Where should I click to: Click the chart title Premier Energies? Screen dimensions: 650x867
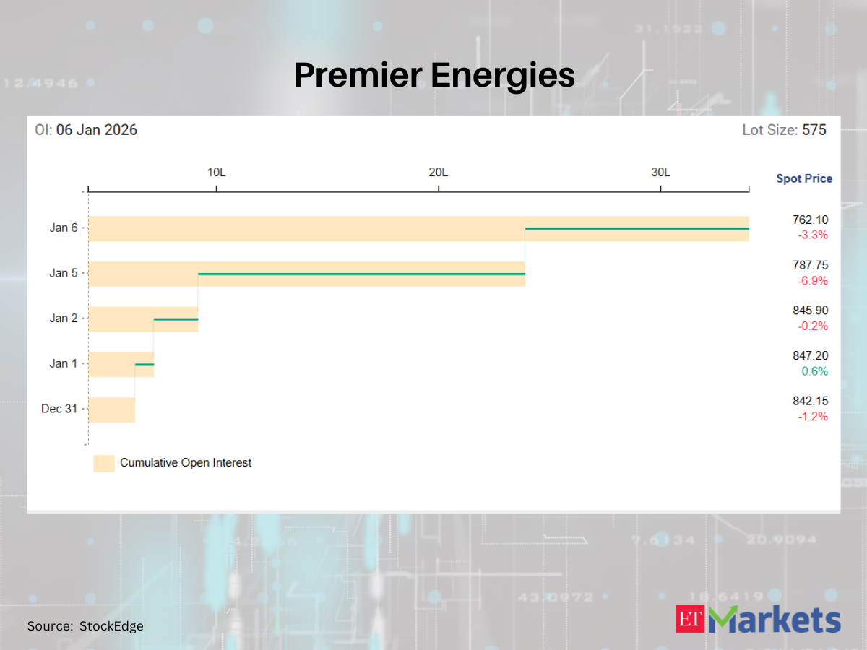pyautogui.click(x=433, y=75)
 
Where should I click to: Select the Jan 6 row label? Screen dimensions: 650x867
pyautogui.click(x=64, y=227)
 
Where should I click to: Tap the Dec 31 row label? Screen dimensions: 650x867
pyautogui.click(x=59, y=409)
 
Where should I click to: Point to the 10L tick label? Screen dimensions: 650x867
pyautogui.click(x=216, y=173)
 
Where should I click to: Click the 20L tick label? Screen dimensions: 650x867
pyautogui.click(x=439, y=173)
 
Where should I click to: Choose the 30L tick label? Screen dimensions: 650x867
pyautogui.click(x=660, y=173)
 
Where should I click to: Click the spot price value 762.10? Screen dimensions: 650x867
pyautogui.click(x=810, y=220)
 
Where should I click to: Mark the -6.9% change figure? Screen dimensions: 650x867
pyautogui.click(x=812, y=281)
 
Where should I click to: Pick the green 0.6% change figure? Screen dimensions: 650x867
pyautogui.click(x=814, y=371)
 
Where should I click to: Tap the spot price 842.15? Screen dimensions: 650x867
pyautogui.click(x=810, y=401)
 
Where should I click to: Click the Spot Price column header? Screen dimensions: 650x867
pyautogui.click(x=804, y=178)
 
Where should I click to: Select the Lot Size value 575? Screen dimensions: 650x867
pyautogui.click(x=814, y=130)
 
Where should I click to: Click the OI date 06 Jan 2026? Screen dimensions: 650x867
pyautogui.click(x=97, y=130)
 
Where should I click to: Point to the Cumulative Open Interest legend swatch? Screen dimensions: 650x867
pyautogui.click(x=104, y=463)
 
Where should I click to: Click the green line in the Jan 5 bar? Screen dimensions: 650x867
pyautogui.click(x=361, y=274)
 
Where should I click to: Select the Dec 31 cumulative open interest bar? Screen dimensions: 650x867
pyautogui.click(x=111, y=409)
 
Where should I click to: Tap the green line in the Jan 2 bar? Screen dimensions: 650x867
pyautogui.click(x=176, y=319)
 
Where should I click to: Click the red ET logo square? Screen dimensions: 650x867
pyautogui.click(x=690, y=619)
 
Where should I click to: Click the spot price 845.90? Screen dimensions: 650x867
pyautogui.click(x=810, y=311)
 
